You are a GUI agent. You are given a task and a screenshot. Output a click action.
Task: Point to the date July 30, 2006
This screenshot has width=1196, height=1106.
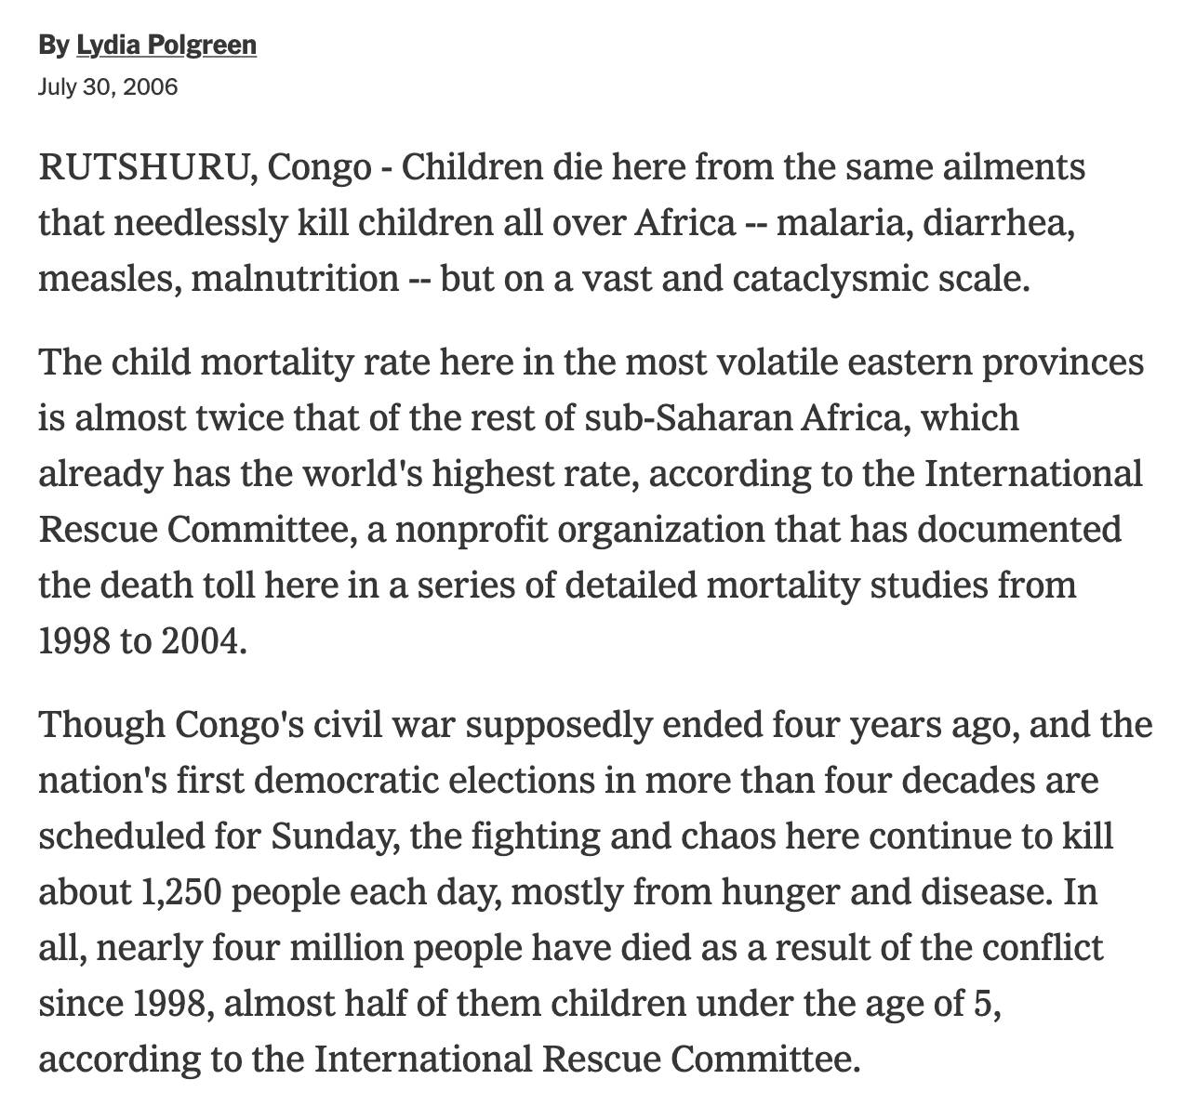(x=108, y=87)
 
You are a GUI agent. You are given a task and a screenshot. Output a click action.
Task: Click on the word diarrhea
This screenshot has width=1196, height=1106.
(x=999, y=224)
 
